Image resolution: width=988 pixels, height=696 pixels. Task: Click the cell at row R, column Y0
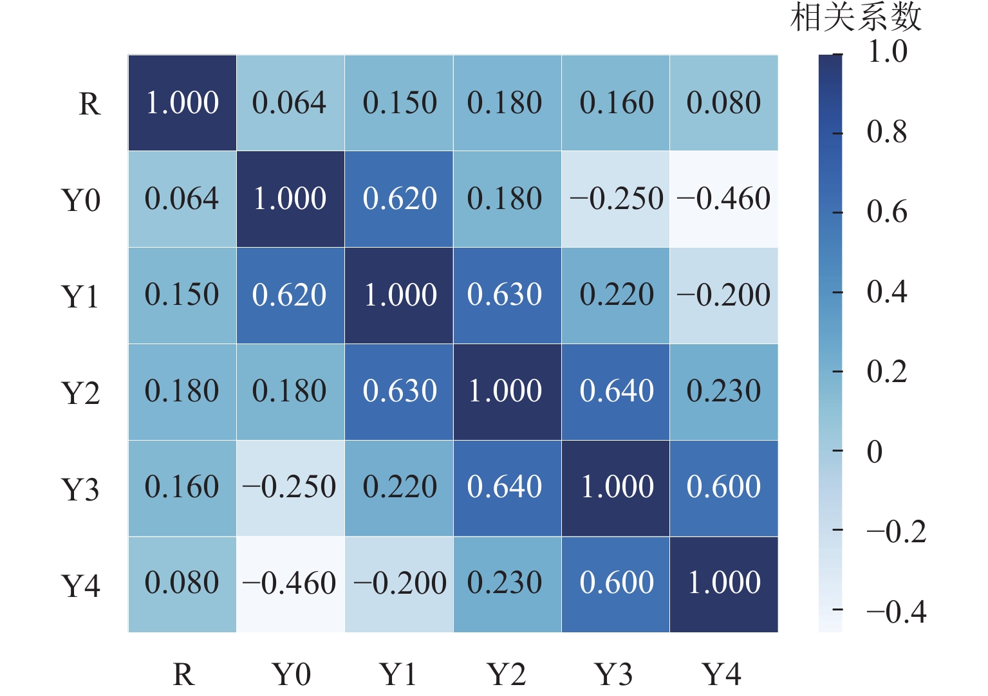tap(290, 103)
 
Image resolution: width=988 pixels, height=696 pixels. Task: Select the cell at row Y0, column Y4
tap(723, 199)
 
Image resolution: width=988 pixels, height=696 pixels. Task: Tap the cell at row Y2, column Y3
tap(615, 392)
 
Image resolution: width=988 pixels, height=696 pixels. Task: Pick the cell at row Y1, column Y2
tap(507, 295)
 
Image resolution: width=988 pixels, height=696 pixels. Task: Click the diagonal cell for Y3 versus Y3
tap(615, 488)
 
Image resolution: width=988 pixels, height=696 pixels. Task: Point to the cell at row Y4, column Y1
tap(399, 584)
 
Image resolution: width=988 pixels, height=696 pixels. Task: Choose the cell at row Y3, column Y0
tap(290, 488)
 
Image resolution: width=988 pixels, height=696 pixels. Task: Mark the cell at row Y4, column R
tap(182, 584)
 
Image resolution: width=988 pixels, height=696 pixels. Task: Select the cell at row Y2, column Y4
tap(723, 392)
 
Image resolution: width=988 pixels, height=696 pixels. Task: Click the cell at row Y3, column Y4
tap(723, 488)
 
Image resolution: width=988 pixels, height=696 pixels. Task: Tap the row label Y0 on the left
tap(80, 200)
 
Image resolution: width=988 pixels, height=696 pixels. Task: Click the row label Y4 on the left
tap(80, 586)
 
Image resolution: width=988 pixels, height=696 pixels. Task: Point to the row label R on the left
tap(89, 104)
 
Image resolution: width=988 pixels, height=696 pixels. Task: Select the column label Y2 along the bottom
tap(507, 675)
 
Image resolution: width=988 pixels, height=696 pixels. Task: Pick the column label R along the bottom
tap(183, 675)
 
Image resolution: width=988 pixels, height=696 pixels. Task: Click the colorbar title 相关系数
tap(855, 17)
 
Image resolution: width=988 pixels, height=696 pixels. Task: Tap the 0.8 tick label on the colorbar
tap(886, 132)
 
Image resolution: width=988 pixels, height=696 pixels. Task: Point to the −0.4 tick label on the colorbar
tap(896, 612)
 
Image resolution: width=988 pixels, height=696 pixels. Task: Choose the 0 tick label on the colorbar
tap(874, 452)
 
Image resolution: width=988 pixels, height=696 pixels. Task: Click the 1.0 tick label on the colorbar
tap(887, 51)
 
